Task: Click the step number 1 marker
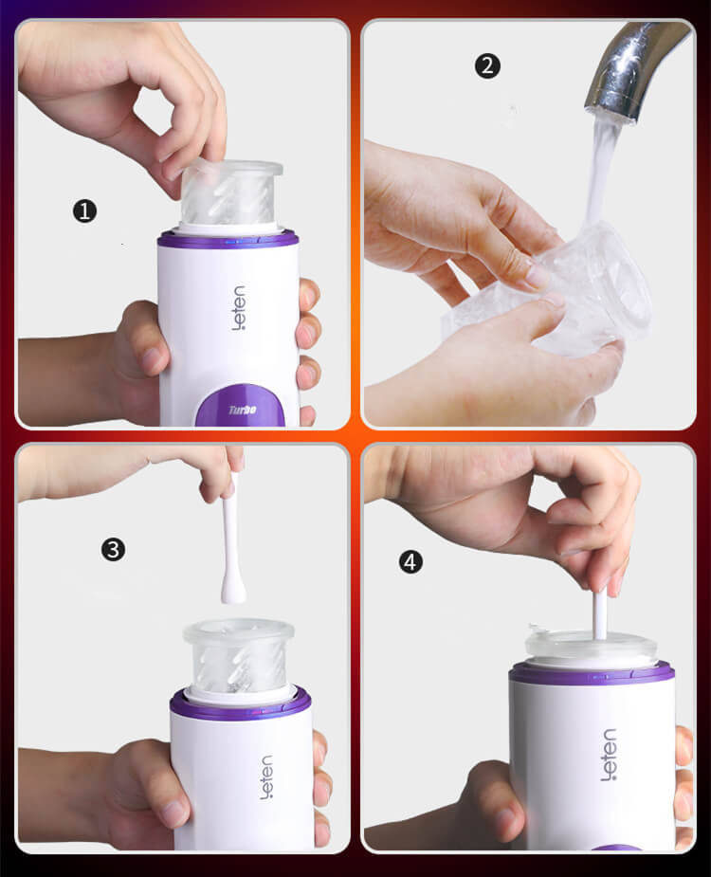click(84, 211)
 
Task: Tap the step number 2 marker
click(486, 66)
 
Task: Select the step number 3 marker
click(113, 549)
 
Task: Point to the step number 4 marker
click(410, 562)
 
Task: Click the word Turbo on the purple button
click(242, 410)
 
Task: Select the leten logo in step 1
click(237, 307)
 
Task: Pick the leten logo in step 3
click(265, 777)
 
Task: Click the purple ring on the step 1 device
click(228, 240)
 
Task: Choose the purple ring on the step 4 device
click(592, 674)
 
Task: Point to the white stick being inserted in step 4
click(600, 612)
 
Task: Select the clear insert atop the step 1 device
click(231, 194)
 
